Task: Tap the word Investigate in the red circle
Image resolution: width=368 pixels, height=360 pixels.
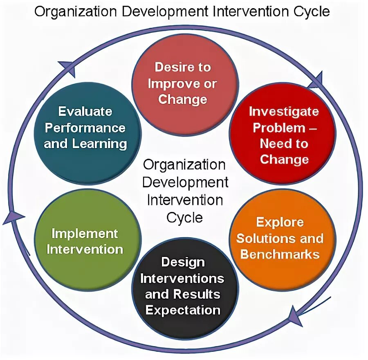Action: (x=283, y=111)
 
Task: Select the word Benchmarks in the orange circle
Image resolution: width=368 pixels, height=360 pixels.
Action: (x=280, y=254)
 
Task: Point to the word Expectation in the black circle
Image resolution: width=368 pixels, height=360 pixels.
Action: (x=183, y=310)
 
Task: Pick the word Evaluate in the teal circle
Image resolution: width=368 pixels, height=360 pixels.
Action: (x=85, y=111)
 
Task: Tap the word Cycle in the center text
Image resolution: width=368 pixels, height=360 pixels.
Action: (x=184, y=217)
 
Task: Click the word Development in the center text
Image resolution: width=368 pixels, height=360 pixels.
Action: (x=185, y=182)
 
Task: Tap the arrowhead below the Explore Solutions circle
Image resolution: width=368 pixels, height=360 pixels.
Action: (x=295, y=316)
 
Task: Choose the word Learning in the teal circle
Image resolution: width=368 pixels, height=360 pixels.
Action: (x=99, y=144)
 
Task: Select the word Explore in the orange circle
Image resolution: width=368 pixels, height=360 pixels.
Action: (x=280, y=222)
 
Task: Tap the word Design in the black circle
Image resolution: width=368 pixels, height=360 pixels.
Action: (x=183, y=262)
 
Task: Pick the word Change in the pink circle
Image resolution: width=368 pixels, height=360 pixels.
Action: (x=183, y=99)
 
